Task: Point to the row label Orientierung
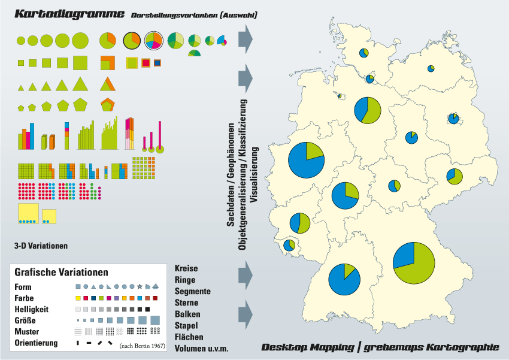point(37,343)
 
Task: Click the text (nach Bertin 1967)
point(142,346)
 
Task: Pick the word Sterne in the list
point(186,303)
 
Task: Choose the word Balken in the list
point(187,314)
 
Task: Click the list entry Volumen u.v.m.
point(202,349)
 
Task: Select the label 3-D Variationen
point(41,246)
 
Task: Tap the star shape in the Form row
point(140,287)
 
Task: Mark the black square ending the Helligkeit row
point(147,310)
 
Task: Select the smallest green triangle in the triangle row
point(22,88)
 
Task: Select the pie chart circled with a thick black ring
point(132,41)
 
